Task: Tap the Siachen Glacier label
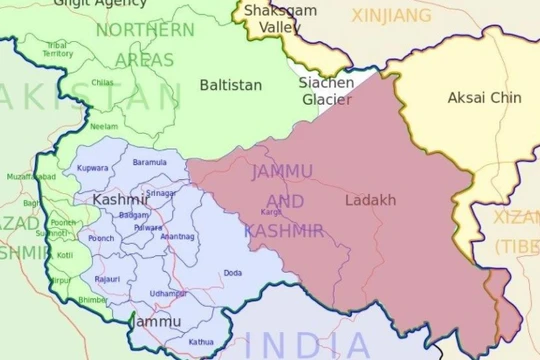(326, 91)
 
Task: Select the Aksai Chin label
(457, 97)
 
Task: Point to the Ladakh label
(370, 200)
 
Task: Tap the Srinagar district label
(160, 193)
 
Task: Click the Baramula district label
(149, 161)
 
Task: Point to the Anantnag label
(177, 236)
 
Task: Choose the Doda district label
(233, 272)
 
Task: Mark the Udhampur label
(168, 292)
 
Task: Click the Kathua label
(200, 342)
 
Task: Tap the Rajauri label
(107, 279)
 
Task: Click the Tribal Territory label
(58, 49)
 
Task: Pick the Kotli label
(65, 255)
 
